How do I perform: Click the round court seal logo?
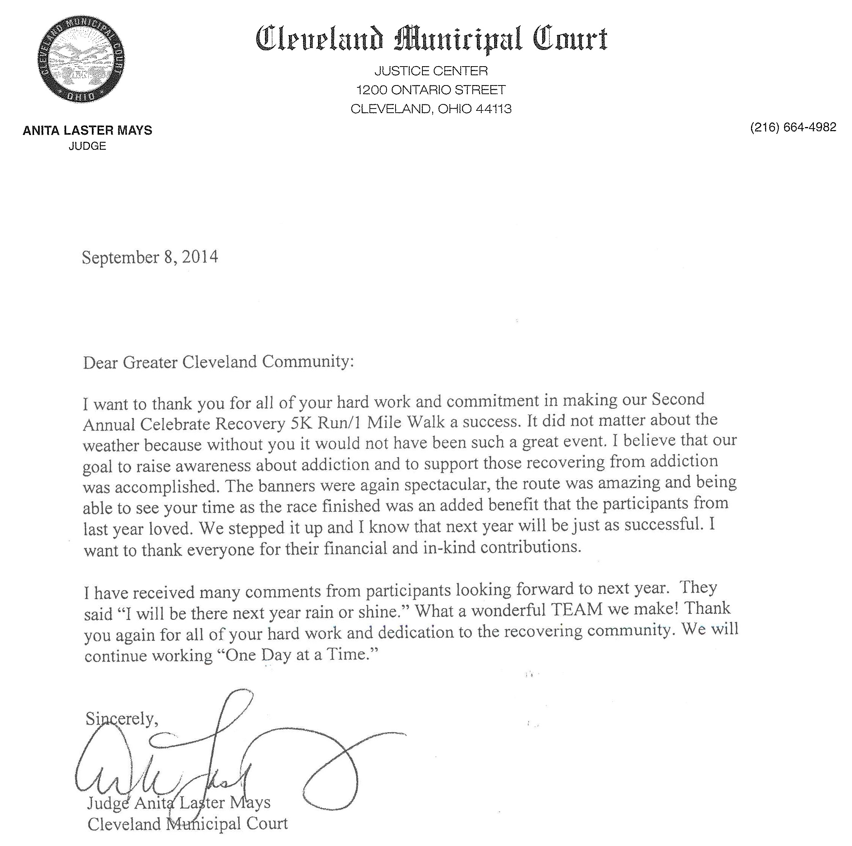[x=81, y=59]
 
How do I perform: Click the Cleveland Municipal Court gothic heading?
[x=431, y=39]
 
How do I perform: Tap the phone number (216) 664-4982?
[x=793, y=127]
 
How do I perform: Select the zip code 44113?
[x=494, y=109]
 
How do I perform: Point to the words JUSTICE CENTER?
[x=431, y=71]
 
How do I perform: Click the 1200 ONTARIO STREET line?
[x=431, y=90]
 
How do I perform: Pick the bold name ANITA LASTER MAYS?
[x=87, y=130]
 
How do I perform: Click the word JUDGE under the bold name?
[x=87, y=146]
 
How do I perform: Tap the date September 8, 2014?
[x=150, y=257]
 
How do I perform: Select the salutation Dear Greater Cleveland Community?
[x=218, y=362]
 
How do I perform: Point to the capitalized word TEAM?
[x=577, y=610]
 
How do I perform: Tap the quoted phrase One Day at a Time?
[x=298, y=654]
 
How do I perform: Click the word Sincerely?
[x=122, y=719]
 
